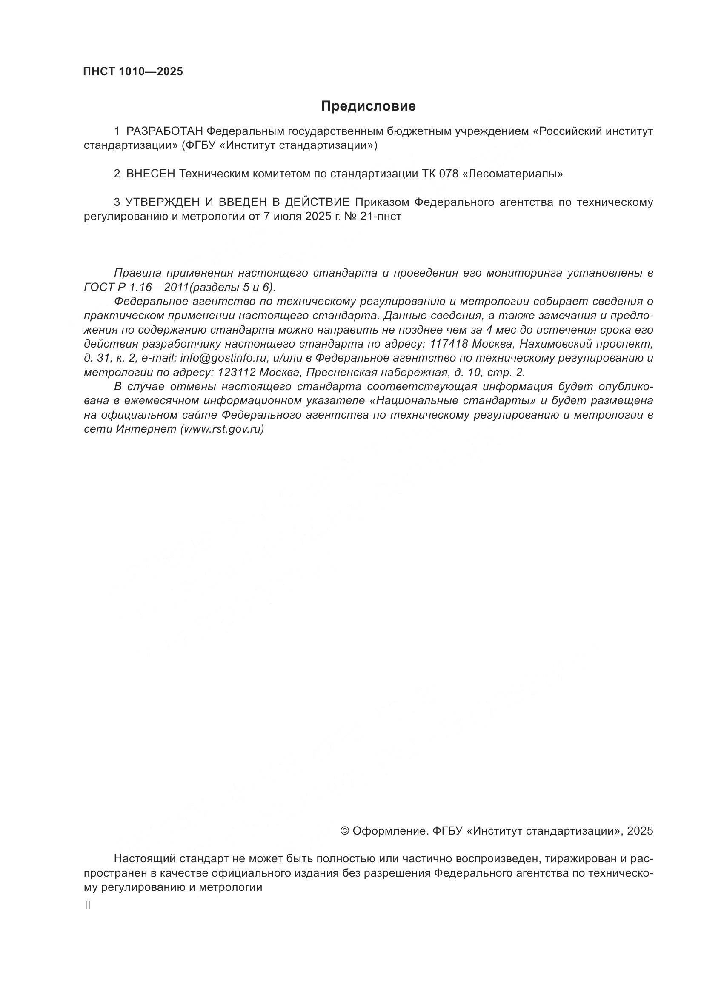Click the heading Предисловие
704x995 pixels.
(x=368, y=106)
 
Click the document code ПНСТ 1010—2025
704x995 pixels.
(x=133, y=72)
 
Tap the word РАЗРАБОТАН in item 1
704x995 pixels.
(x=164, y=131)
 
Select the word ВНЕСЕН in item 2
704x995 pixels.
(x=150, y=174)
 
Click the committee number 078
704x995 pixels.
(x=448, y=174)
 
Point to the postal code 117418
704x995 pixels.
(x=448, y=344)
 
